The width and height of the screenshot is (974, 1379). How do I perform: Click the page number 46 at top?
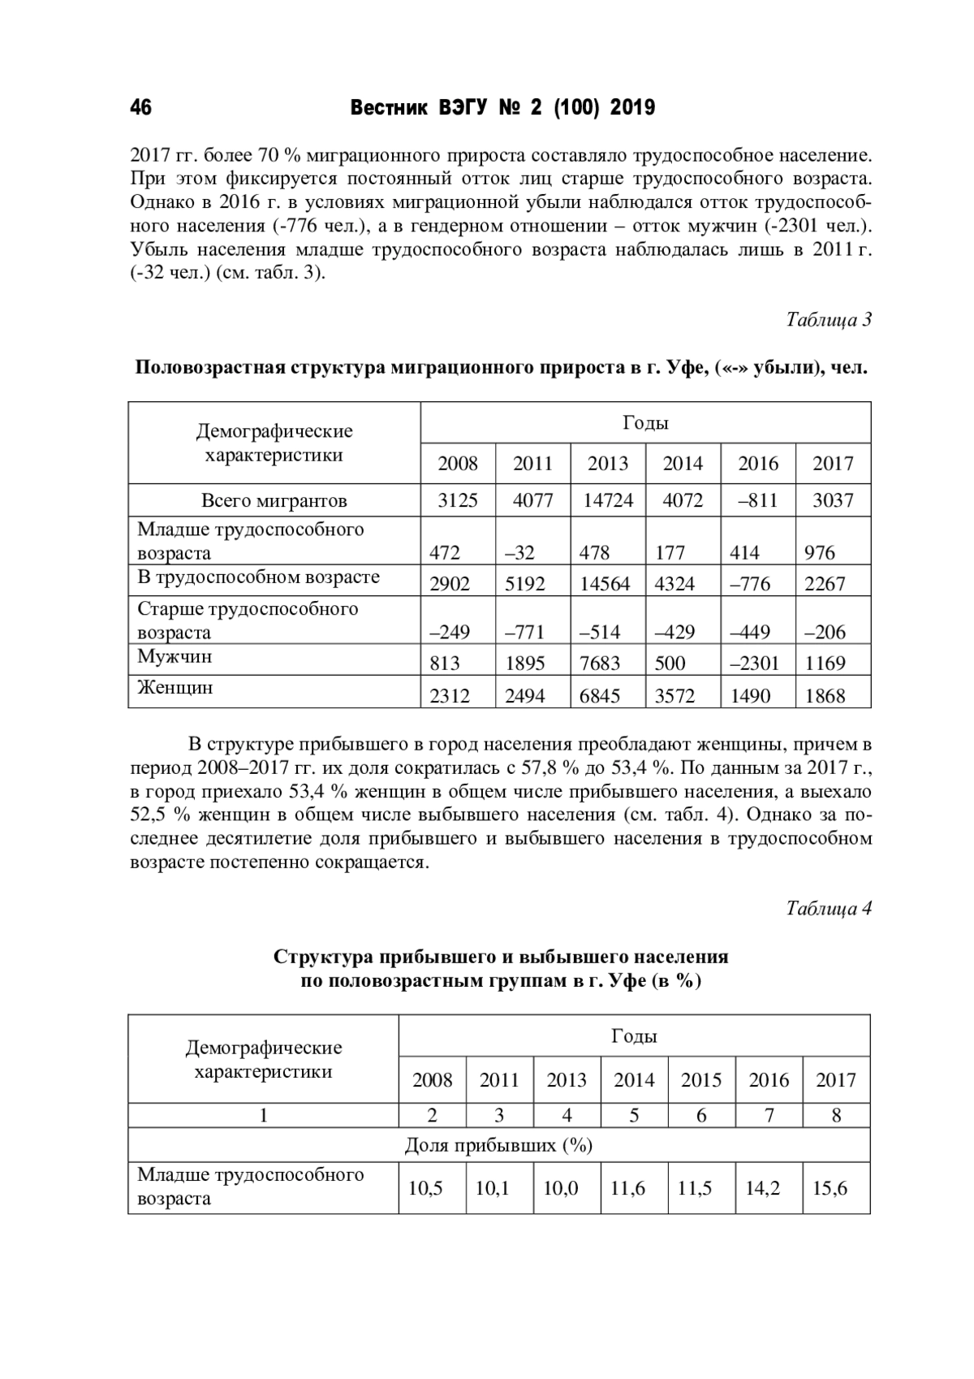[x=140, y=108]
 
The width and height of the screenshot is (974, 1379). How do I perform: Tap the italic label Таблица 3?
[x=828, y=320]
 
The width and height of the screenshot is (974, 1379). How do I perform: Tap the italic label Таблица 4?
[x=828, y=908]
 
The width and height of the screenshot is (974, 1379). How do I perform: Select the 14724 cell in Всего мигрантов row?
[x=608, y=500]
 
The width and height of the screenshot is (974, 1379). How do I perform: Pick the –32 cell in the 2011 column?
[x=519, y=553]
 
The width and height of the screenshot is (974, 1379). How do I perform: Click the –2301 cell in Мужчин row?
[x=754, y=664]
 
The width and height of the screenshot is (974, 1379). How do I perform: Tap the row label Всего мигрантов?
[x=274, y=500]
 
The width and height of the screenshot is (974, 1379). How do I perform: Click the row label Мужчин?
[x=175, y=656]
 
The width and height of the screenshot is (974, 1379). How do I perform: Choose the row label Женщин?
[x=175, y=688]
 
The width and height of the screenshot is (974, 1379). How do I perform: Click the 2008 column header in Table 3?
[x=458, y=464]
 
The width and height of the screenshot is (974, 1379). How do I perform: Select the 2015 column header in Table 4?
[x=701, y=1080]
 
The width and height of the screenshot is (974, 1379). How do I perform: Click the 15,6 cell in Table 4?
[x=830, y=1189]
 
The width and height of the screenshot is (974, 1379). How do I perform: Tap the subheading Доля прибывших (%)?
[x=498, y=1146]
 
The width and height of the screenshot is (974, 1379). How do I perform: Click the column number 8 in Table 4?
[x=836, y=1115]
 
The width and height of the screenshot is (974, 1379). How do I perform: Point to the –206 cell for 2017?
[x=825, y=632]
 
